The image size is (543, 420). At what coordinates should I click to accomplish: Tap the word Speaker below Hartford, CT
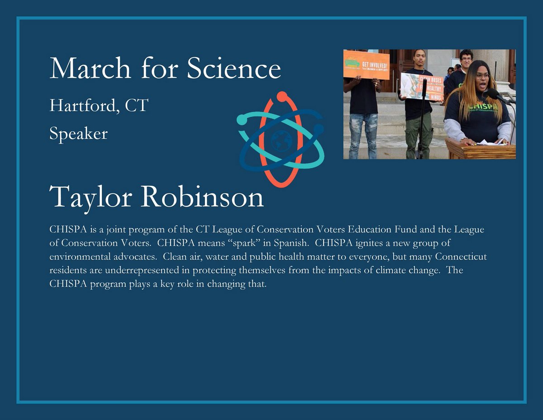[78, 134]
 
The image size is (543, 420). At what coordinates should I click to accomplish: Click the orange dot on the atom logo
[281, 96]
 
